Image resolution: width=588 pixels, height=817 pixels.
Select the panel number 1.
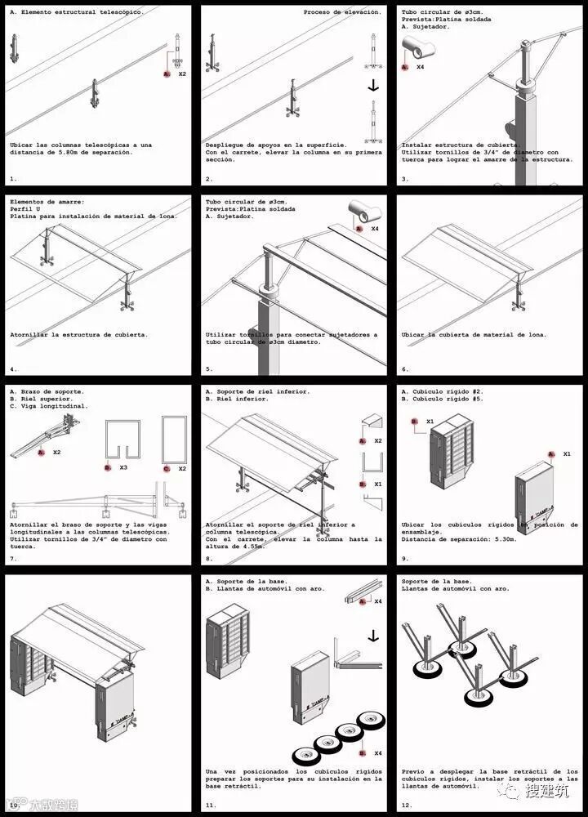pyautogui.click(x=13, y=177)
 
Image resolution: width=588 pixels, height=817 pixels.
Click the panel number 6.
pyautogui.click(x=405, y=369)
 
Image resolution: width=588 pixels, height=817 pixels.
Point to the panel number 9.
pyautogui.click(x=405, y=559)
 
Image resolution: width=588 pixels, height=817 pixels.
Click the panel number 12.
pyautogui.click(x=407, y=805)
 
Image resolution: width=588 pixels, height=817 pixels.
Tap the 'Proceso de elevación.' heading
pyautogui.click(x=341, y=12)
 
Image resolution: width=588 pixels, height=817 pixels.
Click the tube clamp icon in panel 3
pyautogui.click(x=416, y=51)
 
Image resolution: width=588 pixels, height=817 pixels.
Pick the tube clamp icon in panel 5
pyautogui.click(x=365, y=212)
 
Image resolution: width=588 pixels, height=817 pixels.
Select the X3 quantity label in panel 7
pyautogui.click(x=122, y=468)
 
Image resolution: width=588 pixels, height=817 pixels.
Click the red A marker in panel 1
pyautogui.click(x=167, y=74)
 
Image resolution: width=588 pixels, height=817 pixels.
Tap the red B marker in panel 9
pyautogui.click(x=415, y=422)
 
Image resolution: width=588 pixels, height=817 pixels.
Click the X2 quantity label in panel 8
pyautogui.click(x=378, y=441)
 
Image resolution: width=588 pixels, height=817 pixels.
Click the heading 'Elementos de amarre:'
pyautogui.click(x=47, y=201)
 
